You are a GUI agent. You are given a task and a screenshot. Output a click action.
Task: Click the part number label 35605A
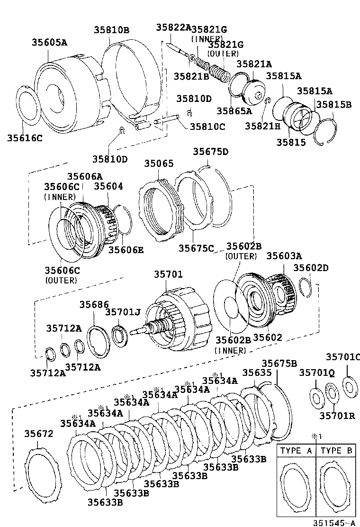[49, 42]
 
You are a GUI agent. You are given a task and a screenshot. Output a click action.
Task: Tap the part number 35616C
[25, 138]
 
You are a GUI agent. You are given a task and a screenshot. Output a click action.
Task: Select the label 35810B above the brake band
[111, 30]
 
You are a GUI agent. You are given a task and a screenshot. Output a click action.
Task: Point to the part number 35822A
[173, 27]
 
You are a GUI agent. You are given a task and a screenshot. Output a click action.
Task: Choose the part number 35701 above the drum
[168, 274]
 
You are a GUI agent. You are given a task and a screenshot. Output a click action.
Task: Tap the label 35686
[94, 304]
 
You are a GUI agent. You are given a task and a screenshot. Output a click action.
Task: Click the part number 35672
[39, 433]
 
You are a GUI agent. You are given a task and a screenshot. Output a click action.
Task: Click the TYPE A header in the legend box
[296, 451]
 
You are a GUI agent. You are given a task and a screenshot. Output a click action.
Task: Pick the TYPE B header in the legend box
[336, 451]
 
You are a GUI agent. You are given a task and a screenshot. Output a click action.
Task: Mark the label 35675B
[279, 363]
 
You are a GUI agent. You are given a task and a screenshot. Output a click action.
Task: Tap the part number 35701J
[123, 312]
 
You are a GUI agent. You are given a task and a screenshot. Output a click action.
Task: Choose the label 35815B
[334, 105]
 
